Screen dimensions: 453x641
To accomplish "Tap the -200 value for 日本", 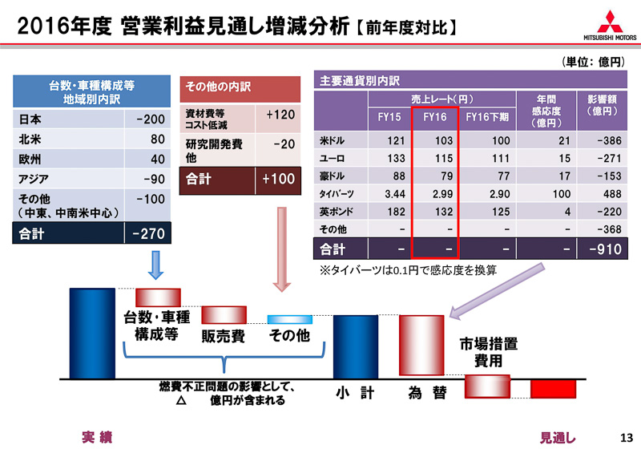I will pos(150,119).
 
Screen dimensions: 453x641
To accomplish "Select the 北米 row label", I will pos(31,140).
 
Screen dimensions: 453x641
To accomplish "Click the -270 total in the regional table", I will pos(150,233).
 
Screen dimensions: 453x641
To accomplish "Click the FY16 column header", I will pos(434,117).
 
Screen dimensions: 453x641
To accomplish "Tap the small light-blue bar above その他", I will pos(288,319).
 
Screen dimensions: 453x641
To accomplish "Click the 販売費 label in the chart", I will pos(223,337).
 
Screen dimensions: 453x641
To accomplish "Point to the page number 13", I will pos(627,438).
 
